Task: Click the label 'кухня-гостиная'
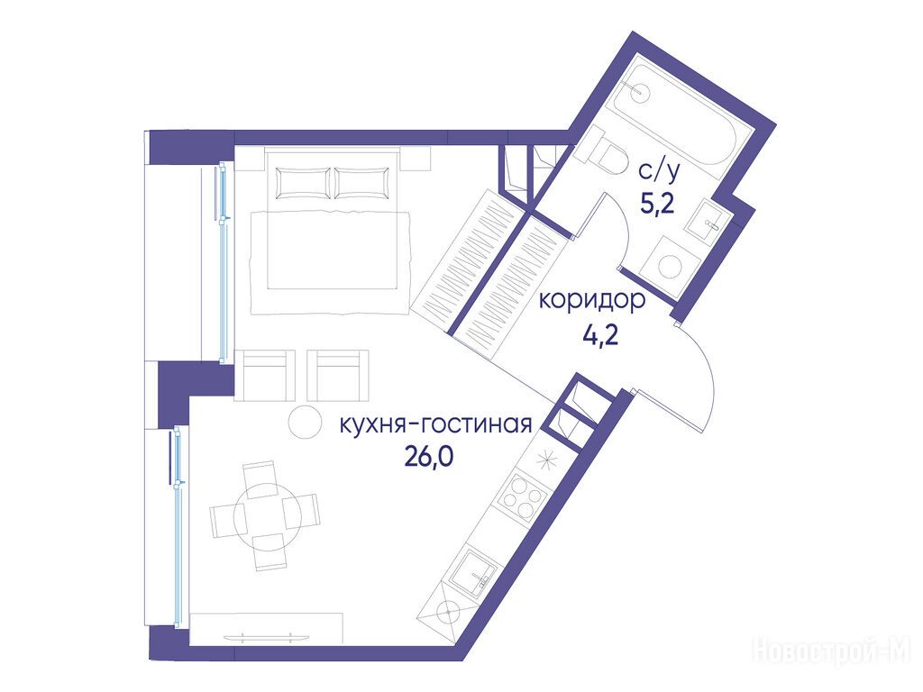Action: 436,425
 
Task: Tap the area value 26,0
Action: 428,456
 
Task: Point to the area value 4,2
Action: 600,337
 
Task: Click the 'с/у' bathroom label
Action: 659,171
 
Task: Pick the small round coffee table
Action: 306,422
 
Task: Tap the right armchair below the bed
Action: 338,376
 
